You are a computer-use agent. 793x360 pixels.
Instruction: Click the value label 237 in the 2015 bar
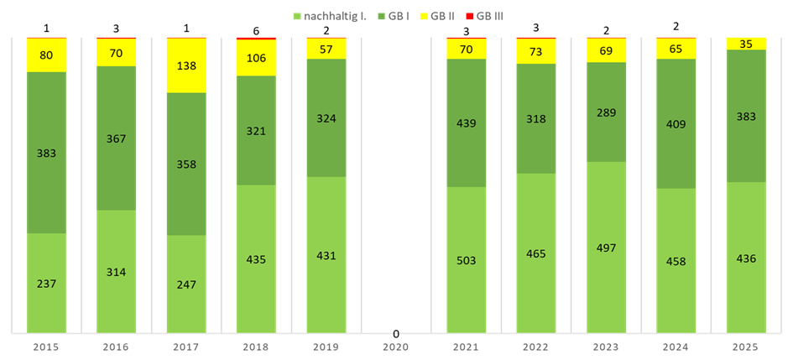[46, 284]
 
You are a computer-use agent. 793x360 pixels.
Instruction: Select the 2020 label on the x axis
[395, 347]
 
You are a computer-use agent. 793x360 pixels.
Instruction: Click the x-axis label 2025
[746, 347]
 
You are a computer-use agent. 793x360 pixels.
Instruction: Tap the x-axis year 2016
[116, 347]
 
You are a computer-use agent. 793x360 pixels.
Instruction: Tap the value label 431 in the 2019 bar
[326, 255]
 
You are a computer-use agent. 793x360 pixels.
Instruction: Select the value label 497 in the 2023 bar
[606, 248]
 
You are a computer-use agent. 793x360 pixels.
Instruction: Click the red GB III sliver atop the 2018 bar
[256, 39]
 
